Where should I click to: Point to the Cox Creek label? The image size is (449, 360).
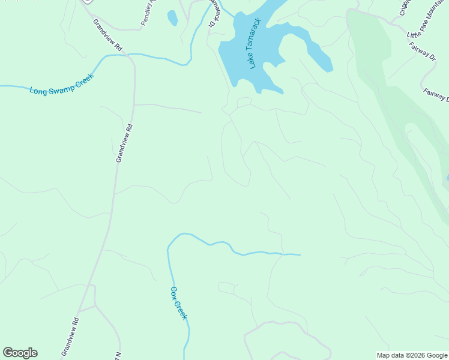pyautogui.click(x=179, y=303)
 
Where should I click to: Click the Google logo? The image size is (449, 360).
pyautogui.click(x=20, y=353)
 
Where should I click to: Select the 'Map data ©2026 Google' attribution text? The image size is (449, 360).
pyautogui.click(x=412, y=355)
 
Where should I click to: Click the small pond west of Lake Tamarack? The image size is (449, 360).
pyautogui.click(x=172, y=18)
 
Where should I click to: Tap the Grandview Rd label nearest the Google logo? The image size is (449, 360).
pyautogui.click(x=70, y=337)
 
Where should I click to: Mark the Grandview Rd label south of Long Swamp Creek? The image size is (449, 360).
pyautogui.click(x=124, y=143)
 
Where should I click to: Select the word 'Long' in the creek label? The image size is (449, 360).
pyautogui.click(x=38, y=90)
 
